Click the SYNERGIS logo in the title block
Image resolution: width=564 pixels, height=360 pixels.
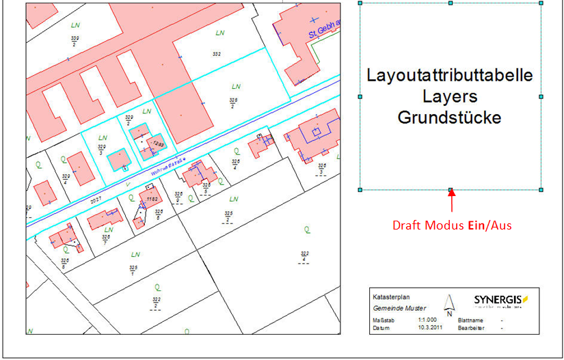pos(501,300)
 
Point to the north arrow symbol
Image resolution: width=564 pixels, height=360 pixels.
pos(449,304)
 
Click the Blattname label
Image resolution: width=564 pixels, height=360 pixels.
pos(472,320)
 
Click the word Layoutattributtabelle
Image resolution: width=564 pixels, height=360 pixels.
pos(450,74)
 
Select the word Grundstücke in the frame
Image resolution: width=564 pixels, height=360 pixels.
pos(450,117)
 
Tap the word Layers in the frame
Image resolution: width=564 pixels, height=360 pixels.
pos(450,96)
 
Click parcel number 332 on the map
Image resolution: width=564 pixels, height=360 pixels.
pos(217,53)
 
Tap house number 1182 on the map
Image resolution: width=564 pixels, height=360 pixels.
pos(151,199)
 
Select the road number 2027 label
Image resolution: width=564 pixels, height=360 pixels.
pos(96,199)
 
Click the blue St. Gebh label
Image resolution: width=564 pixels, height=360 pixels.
pos(324,29)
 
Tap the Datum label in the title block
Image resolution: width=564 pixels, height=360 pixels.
pos(381,328)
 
